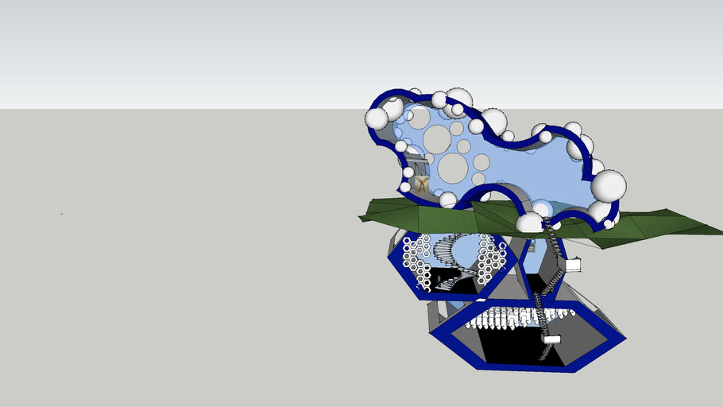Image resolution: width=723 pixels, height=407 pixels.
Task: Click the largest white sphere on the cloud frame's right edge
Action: click(609, 184)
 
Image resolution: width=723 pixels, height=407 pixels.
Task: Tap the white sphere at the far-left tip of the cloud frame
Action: click(377, 118)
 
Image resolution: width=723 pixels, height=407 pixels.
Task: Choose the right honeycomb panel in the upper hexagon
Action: click(493, 259)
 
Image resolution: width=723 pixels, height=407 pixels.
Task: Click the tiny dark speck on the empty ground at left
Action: click(62, 213)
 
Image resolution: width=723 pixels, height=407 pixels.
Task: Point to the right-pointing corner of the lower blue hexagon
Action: click(624, 339)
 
